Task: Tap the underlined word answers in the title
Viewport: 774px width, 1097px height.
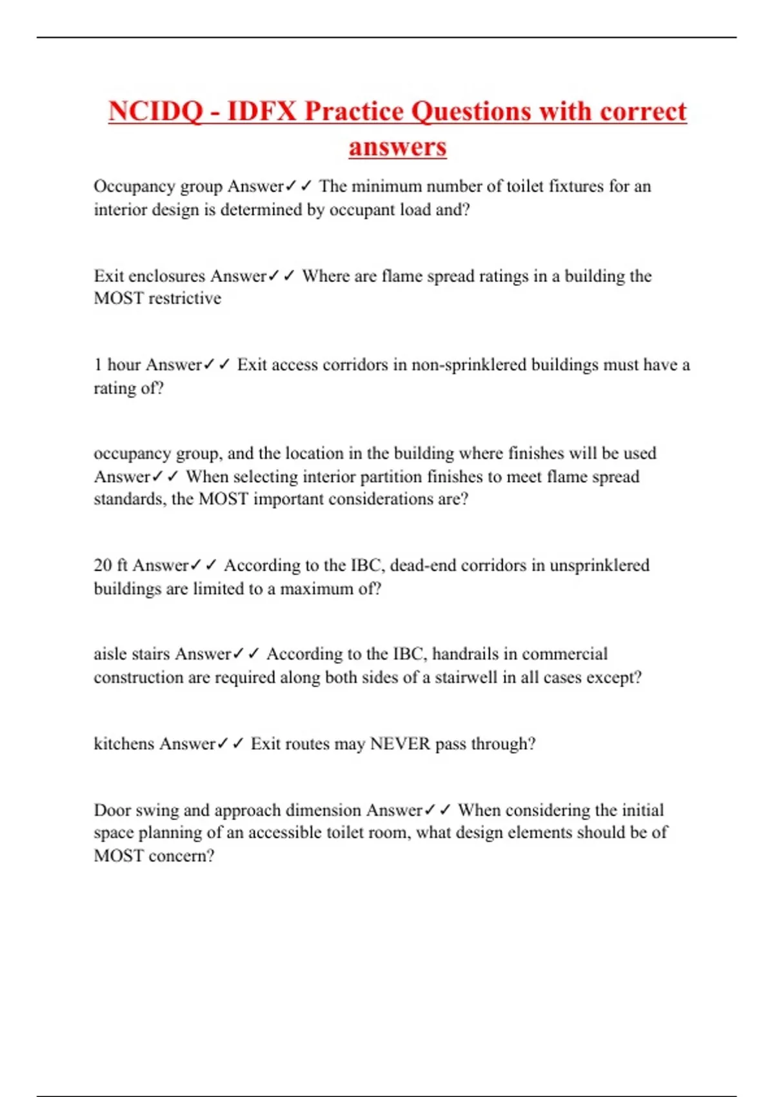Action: tap(397, 146)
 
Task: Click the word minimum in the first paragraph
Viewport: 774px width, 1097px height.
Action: tap(386, 186)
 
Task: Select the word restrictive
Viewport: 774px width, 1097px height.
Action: tap(184, 298)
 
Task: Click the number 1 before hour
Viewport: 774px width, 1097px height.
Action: tap(97, 365)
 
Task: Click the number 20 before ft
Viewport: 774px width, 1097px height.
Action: tap(103, 566)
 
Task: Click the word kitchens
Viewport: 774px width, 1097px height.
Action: tap(124, 744)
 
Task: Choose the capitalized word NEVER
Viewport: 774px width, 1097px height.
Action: tap(399, 744)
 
